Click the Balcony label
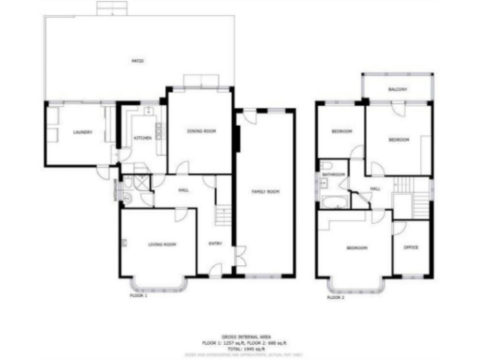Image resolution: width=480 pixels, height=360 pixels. (x=397, y=90)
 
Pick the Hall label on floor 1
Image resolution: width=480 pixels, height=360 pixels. (x=185, y=190)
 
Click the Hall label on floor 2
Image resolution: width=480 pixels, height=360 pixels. (x=375, y=190)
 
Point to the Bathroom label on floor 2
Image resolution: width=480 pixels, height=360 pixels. (x=334, y=175)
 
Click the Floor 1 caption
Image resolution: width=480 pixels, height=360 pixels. (x=139, y=295)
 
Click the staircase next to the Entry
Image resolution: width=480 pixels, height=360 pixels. (x=223, y=217)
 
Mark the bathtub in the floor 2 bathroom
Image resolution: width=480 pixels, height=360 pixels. (x=330, y=201)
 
